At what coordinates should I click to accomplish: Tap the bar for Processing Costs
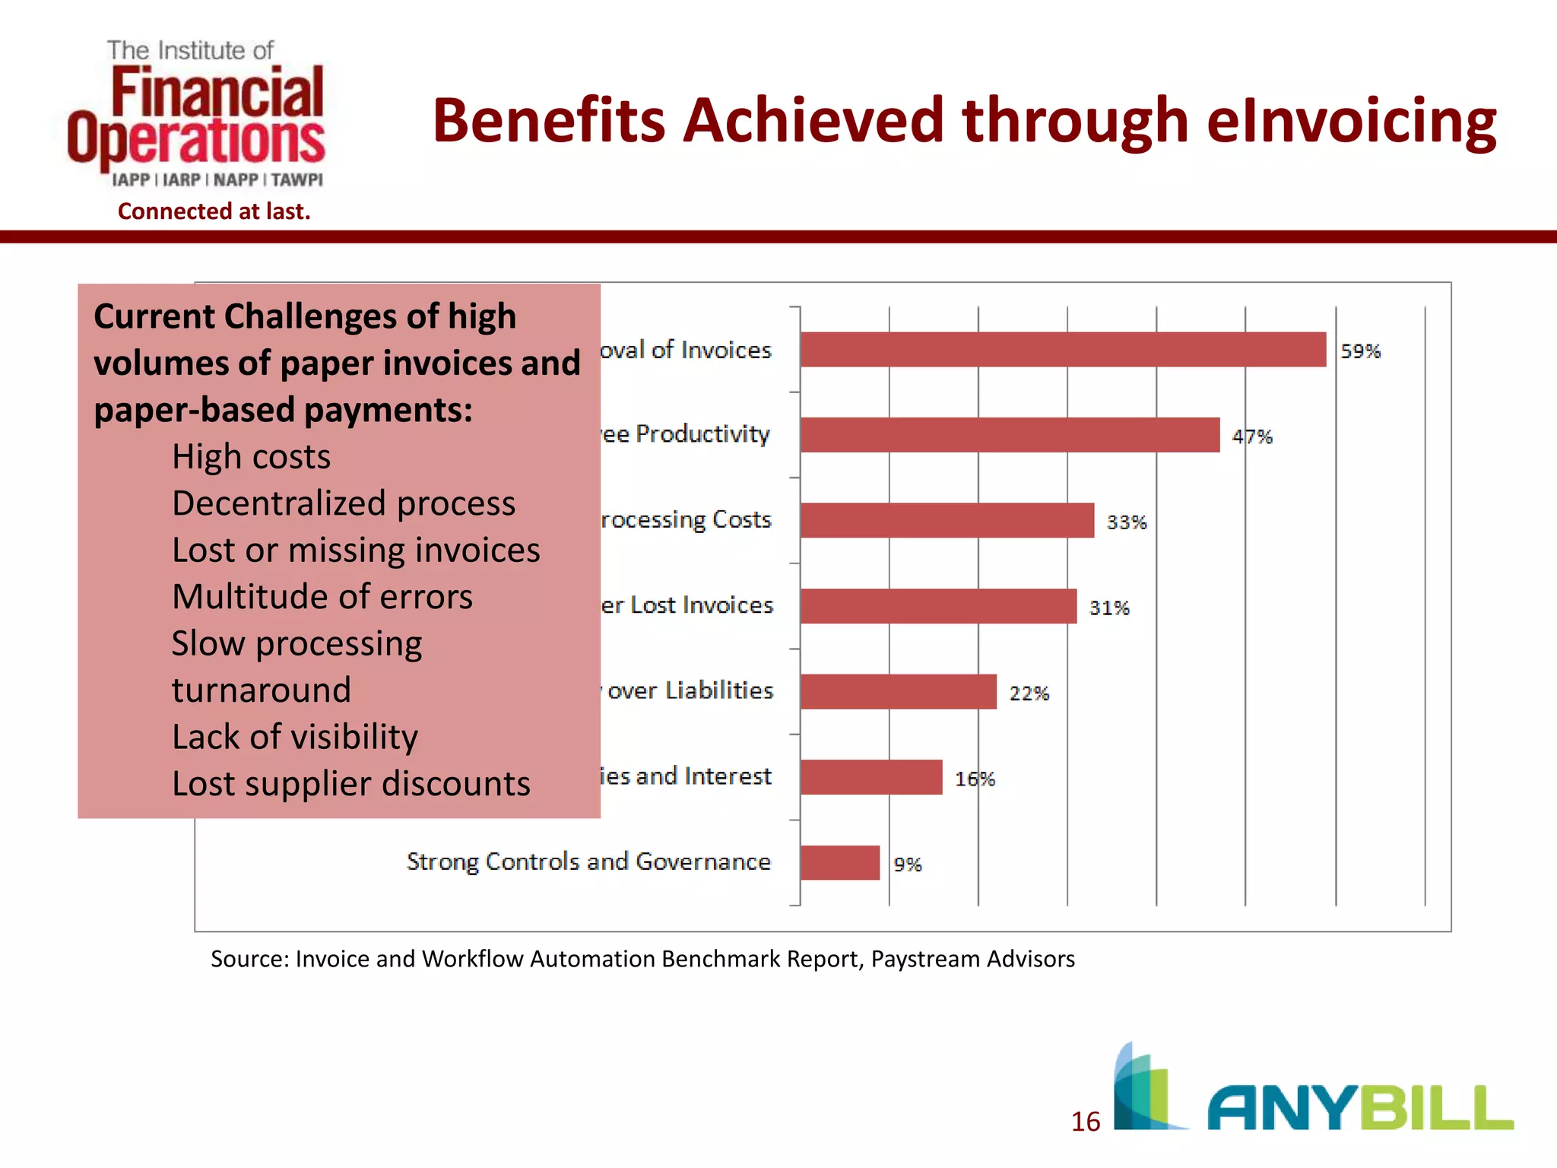[x=947, y=520]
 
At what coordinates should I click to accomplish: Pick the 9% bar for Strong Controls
[x=839, y=862]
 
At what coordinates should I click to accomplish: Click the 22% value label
[x=1029, y=693]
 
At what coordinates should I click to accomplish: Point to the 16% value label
[x=974, y=779]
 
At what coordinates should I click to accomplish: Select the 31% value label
[x=1108, y=608]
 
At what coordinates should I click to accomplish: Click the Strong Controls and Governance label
[x=588, y=862]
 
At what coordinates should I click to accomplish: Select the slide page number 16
[x=1085, y=1122]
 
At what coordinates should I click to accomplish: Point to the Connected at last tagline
[x=214, y=211]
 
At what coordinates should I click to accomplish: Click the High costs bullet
[x=251, y=457]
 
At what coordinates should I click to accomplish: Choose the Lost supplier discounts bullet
[x=350, y=783]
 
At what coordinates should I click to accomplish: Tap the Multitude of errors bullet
[x=322, y=597]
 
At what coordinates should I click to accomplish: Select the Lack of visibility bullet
[x=295, y=737]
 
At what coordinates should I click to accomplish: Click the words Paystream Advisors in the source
[x=972, y=959]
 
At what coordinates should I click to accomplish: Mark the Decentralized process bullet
[x=344, y=503]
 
